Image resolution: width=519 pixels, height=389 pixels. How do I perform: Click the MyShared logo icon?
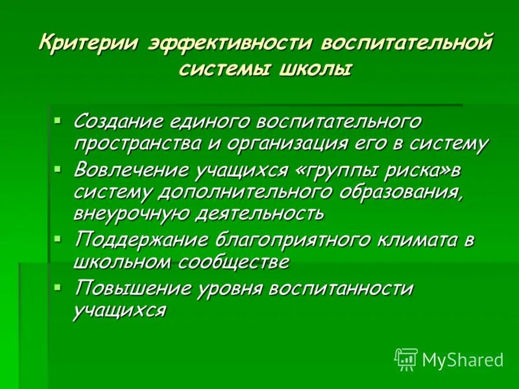tap(406, 359)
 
